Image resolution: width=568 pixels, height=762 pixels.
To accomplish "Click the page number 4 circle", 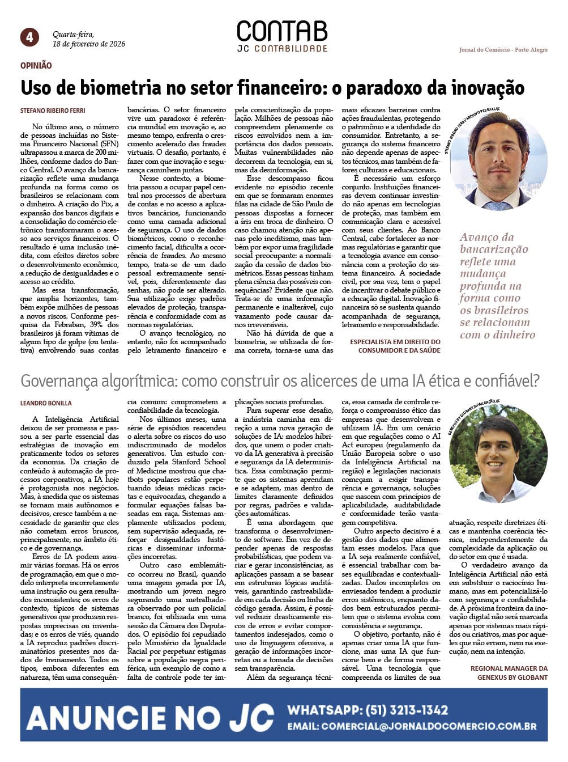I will [29, 37].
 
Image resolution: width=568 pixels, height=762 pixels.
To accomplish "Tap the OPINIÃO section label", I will [36, 66].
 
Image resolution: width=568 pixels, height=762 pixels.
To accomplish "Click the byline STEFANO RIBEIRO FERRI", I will [53, 111].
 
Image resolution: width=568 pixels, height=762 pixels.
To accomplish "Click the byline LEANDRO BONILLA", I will [46, 403].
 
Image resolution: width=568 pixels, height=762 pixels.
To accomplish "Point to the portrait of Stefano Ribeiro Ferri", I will [498, 162].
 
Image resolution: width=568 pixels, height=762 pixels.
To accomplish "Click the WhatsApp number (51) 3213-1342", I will [407, 710].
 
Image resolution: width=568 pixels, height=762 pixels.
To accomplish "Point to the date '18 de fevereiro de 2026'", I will [89, 44].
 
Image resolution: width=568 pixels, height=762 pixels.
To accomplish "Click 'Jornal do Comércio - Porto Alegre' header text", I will [503, 50].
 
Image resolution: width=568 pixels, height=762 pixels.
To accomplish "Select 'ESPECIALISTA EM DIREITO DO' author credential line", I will [395, 342].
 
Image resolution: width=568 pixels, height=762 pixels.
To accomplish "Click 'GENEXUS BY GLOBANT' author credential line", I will [512, 677].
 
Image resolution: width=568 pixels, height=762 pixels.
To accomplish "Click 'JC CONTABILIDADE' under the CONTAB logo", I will [282, 49].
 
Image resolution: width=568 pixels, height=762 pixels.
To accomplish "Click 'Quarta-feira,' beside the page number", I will [74, 34].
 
